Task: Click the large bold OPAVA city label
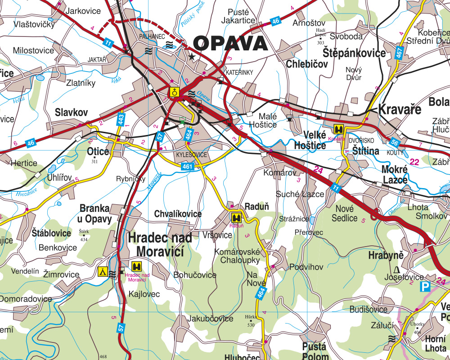[230, 44]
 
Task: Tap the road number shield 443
[121, 119]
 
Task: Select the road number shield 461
[188, 167]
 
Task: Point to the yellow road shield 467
[399, 53]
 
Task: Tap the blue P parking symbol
[424, 286]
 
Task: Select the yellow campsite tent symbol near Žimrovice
[103, 271]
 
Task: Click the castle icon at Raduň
[235, 218]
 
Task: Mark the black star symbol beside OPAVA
[192, 57]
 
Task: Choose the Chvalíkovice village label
[178, 214]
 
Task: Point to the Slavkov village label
[71, 112]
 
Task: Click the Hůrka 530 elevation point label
[250, 320]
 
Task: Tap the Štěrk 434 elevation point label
[84, 235]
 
